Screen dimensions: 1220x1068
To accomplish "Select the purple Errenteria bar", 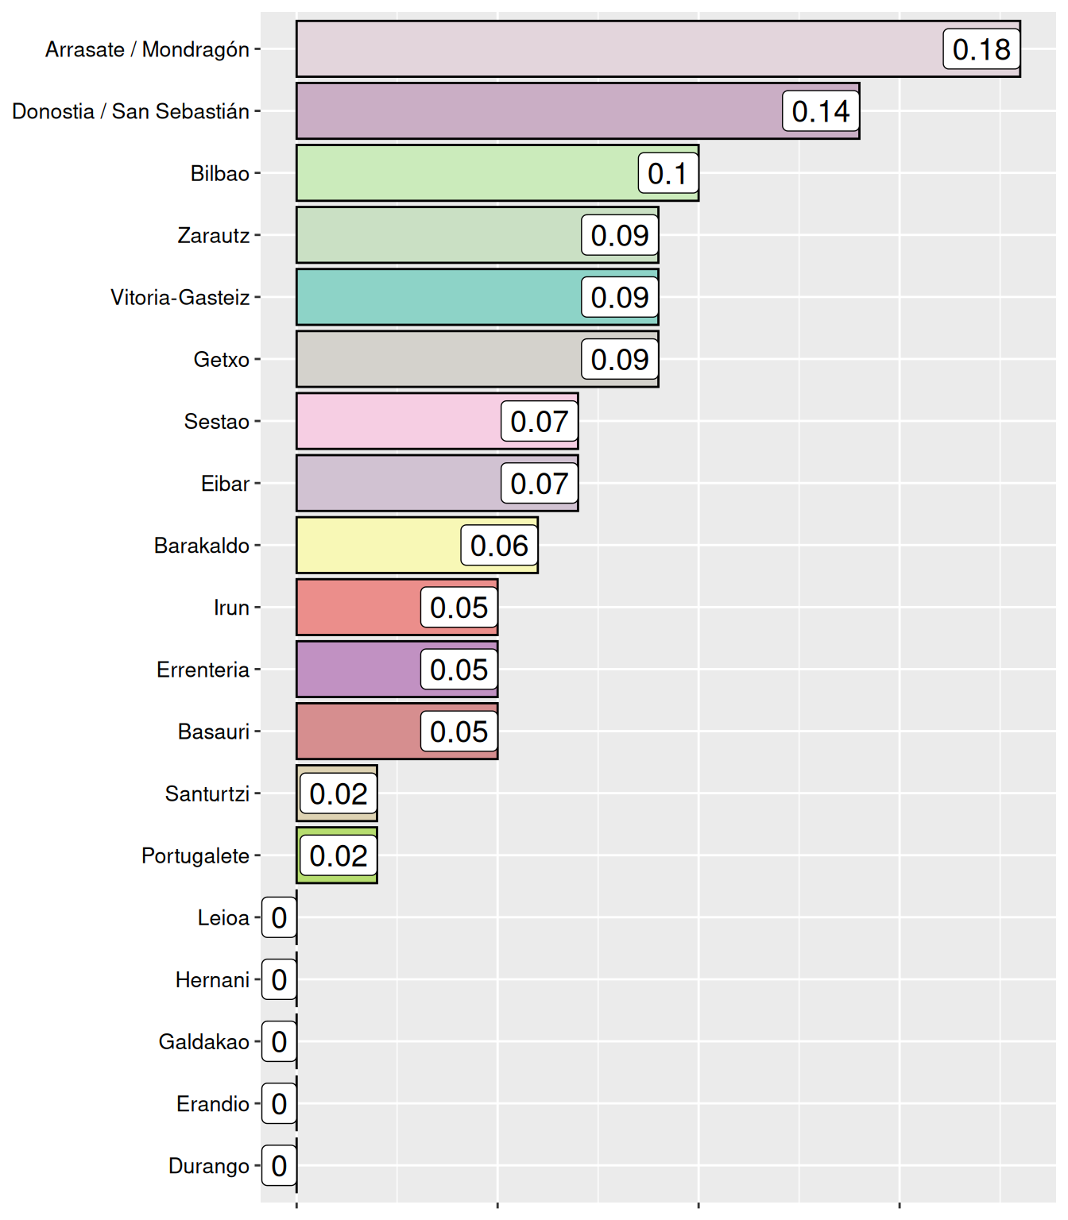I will click(358, 669).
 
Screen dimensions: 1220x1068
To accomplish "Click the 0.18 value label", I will click(981, 49).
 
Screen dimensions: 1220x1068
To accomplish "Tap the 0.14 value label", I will click(821, 111).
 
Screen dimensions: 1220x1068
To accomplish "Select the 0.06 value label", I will click(499, 545).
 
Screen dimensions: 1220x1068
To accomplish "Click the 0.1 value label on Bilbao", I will click(667, 173).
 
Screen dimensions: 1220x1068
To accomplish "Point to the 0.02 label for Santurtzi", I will click(339, 793).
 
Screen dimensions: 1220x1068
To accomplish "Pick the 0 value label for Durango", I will click(279, 1165).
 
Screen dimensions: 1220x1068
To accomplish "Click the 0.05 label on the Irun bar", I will click(459, 608).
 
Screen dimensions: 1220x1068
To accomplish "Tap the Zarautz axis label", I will click(213, 236).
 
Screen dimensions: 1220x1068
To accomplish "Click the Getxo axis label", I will click(221, 360).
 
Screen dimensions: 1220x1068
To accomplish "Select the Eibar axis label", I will click(225, 484).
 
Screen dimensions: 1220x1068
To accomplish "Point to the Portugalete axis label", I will click(195, 855).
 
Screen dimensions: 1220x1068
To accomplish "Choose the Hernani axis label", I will click(212, 980).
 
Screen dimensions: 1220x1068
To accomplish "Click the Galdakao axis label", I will click(204, 1042).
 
